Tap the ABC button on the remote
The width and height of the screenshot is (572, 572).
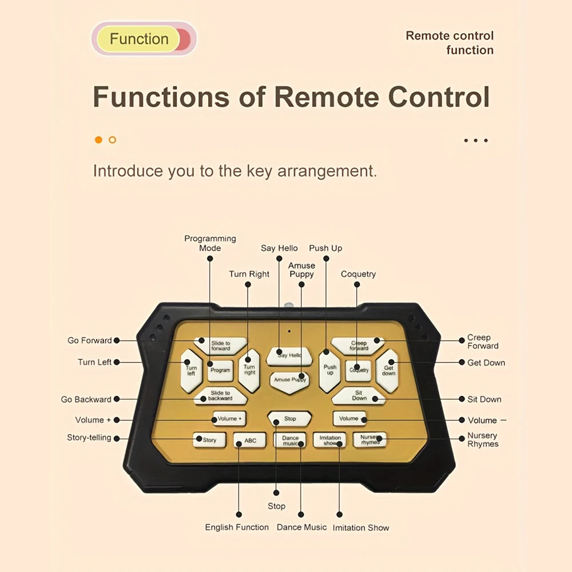(x=250, y=440)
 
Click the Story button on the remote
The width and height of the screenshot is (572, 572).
(x=209, y=440)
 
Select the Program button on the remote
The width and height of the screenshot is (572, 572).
(x=220, y=370)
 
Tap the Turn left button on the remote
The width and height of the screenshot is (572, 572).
(x=190, y=370)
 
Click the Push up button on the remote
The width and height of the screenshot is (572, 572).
(x=329, y=370)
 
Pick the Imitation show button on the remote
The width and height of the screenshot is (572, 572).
(x=329, y=440)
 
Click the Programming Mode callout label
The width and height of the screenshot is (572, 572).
(x=210, y=243)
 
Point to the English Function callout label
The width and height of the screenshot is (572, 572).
(x=237, y=527)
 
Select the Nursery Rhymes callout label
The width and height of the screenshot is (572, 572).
(x=482, y=440)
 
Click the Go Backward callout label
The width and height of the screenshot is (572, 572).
(x=86, y=399)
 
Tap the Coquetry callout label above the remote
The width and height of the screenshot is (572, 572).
(x=358, y=274)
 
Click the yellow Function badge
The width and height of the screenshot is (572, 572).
(x=139, y=39)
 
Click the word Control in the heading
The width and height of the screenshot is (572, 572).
(x=439, y=97)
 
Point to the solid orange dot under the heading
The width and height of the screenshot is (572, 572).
(x=98, y=140)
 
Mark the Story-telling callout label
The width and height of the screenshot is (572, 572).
(x=89, y=438)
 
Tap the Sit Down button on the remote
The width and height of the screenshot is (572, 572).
(x=359, y=395)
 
